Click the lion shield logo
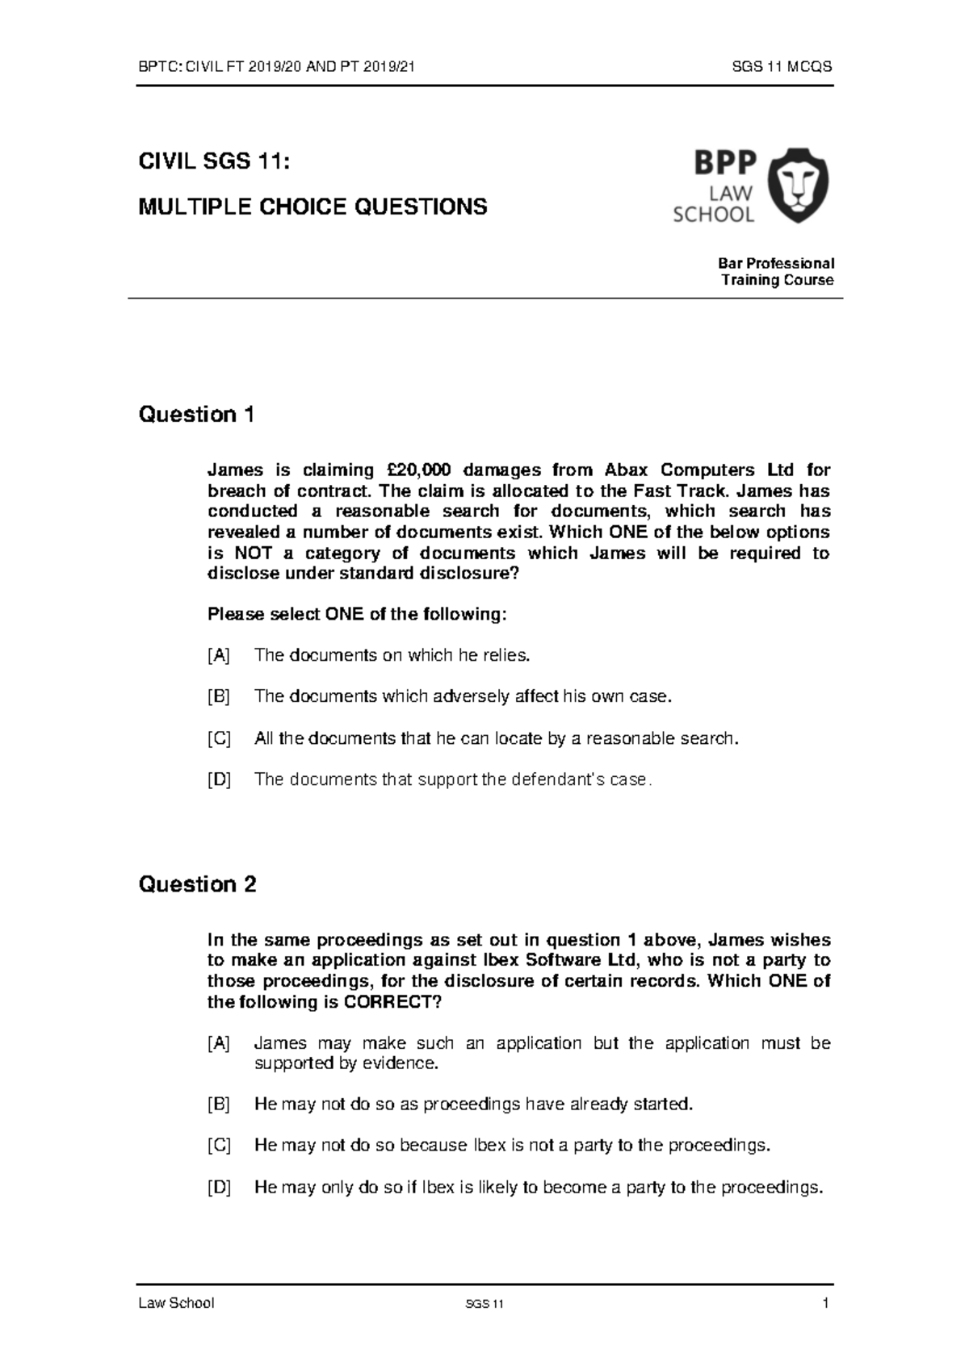[797, 185]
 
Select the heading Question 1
[196, 415]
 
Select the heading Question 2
[197, 884]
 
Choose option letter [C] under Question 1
[218, 738]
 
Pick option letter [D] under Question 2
[218, 1187]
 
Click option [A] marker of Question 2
[218, 1043]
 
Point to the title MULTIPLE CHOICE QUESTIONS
[313, 207]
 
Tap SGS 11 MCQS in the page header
[782, 68]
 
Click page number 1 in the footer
[826, 1303]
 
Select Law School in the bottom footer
[176, 1303]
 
